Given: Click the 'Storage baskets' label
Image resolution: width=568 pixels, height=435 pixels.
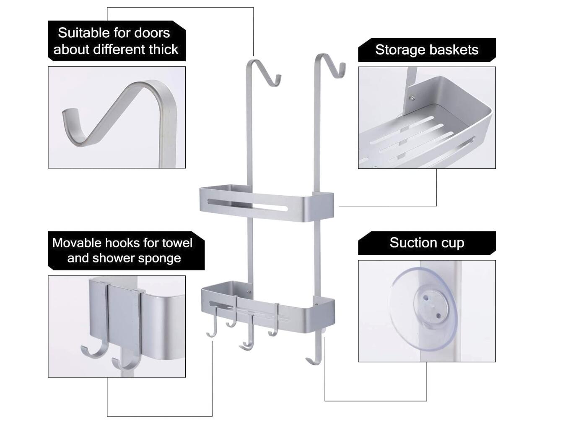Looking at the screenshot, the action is [x=427, y=50].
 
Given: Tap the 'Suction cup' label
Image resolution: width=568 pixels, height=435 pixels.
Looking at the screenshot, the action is [x=427, y=243].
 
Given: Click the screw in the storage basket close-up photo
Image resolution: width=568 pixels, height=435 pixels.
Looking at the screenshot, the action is [x=412, y=98].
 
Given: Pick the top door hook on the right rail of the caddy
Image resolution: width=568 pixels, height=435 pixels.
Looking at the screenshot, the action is [x=330, y=66].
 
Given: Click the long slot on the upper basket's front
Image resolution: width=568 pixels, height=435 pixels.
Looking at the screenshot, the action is [x=247, y=204].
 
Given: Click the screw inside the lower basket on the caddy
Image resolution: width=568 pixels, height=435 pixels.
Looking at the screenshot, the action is [x=249, y=292].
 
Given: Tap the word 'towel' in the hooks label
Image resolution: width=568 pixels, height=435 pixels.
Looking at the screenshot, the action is [x=177, y=243].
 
